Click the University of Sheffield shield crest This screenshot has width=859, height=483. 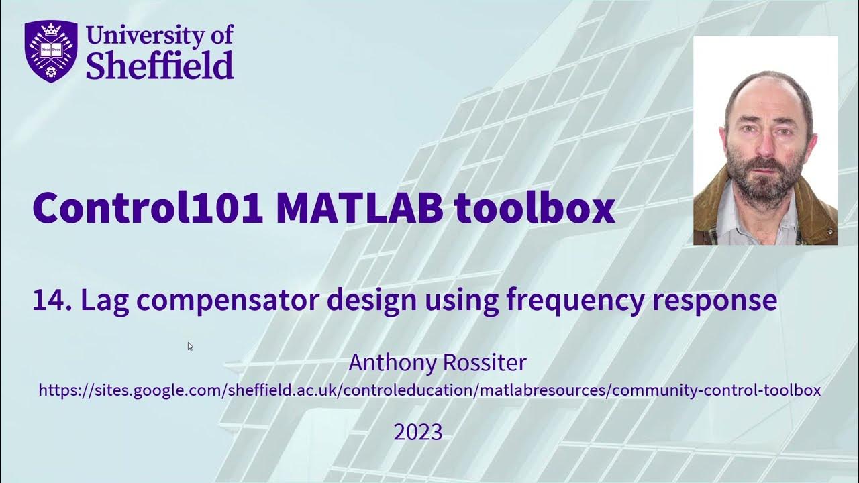coord(51,51)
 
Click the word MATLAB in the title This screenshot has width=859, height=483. coord(359,208)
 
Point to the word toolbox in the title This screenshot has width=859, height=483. coord(535,208)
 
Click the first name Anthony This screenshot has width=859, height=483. coord(393,363)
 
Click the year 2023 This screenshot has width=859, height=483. coord(417,432)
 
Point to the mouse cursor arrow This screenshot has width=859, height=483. coord(190,345)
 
